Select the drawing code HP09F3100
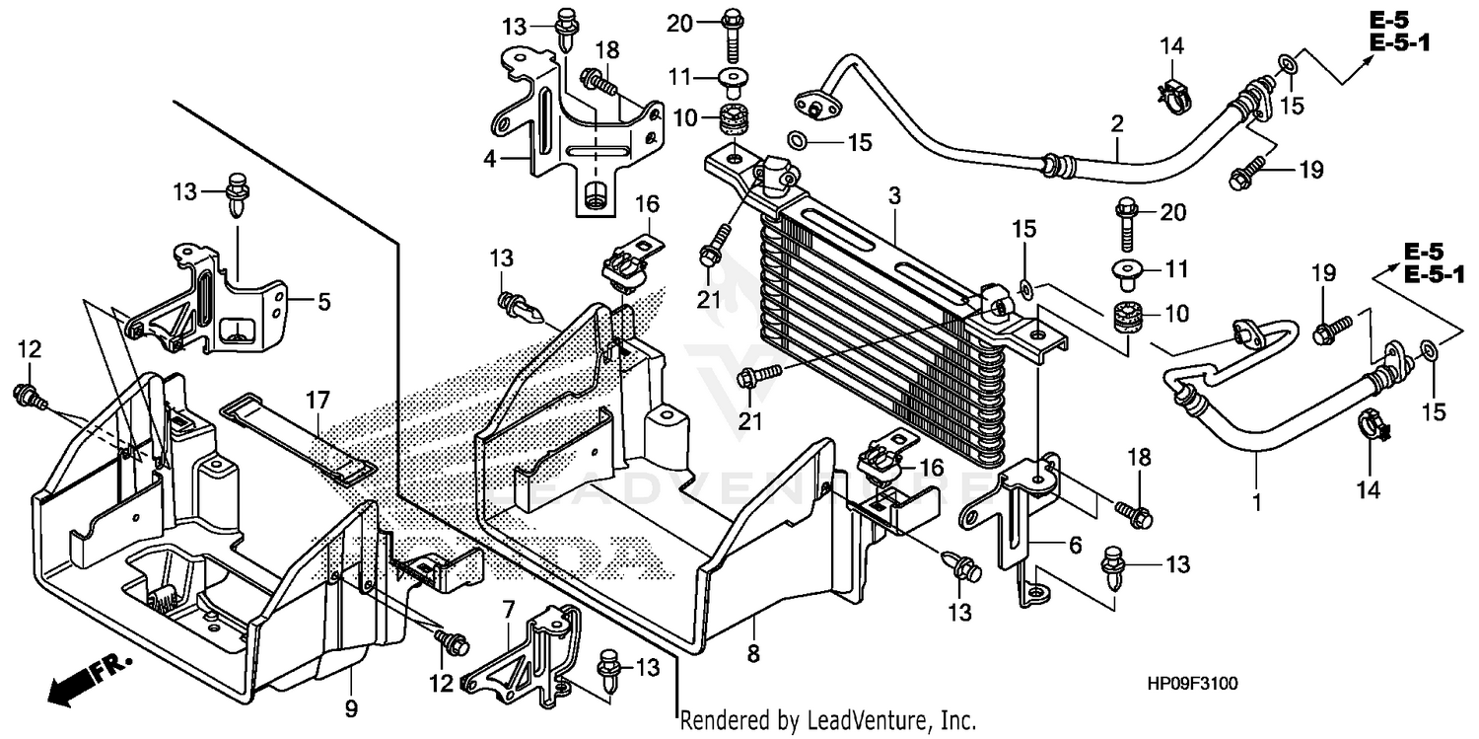pyautogui.click(x=1195, y=683)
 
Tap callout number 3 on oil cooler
pyautogui.click(x=894, y=196)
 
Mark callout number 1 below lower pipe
pyautogui.click(x=1256, y=503)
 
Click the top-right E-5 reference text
pyautogui.click(x=1398, y=19)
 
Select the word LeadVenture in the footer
pyautogui.click(x=867, y=721)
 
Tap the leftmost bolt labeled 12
pyautogui.click(x=27, y=396)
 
